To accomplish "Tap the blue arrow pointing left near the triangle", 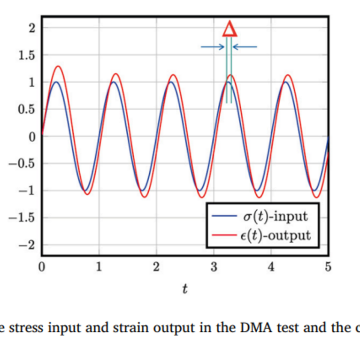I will pos(245,46).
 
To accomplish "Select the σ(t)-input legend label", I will pos(276,216).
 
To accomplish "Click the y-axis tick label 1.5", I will pos(28,55).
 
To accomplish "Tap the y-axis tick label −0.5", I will pos(25,164).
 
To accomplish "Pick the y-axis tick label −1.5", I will pos(25,218).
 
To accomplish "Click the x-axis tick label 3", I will pos(214,268).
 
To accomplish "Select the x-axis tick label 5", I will pos(328,268).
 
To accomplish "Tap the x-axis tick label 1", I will pos(99,268).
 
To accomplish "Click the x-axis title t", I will pos(185,289).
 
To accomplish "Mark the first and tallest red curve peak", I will pos(58,66).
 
